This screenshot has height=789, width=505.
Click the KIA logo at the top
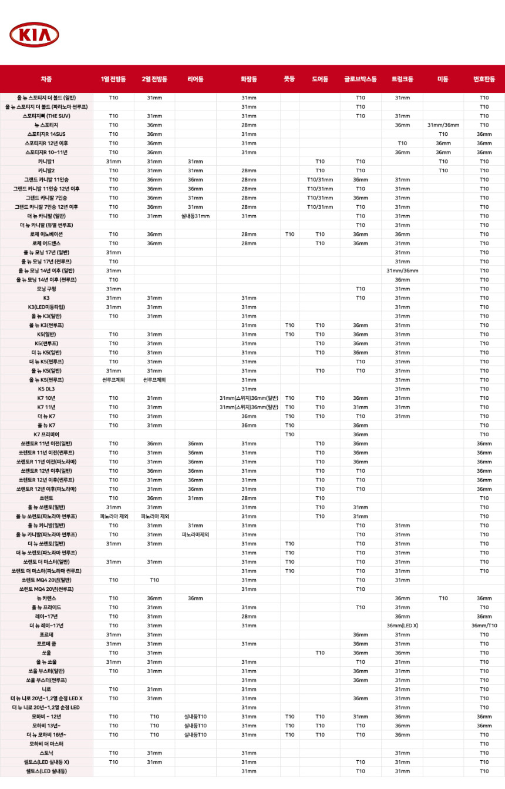point(34,35)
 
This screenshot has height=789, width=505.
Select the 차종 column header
point(46,79)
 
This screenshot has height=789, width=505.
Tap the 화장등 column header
point(248,79)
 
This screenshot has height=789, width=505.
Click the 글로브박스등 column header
point(360,79)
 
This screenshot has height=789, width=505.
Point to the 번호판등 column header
point(484,79)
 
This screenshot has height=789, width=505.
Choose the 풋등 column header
point(289,79)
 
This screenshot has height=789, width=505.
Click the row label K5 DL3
point(46,389)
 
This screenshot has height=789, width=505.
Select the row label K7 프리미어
point(46,434)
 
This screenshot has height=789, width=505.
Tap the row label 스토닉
point(46,753)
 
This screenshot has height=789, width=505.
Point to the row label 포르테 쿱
point(46,644)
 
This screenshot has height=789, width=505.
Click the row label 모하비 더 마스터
point(46,744)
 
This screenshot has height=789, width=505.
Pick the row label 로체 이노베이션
point(46,234)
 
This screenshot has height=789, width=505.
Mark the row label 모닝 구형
point(46,289)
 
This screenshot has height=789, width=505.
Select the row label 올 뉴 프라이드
point(46,607)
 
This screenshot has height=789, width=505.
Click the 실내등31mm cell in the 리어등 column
point(196,216)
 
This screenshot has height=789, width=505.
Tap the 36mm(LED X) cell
point(402,626)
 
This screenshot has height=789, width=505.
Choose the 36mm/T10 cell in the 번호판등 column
point(484,626)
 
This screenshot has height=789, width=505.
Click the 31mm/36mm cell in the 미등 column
point(443,125)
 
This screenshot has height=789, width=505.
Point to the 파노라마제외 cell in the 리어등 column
point(196,534)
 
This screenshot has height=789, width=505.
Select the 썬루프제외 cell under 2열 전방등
point(154,380)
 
